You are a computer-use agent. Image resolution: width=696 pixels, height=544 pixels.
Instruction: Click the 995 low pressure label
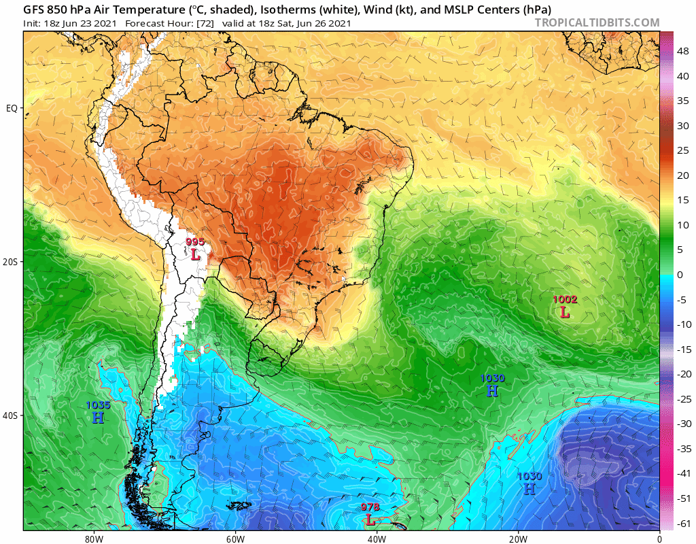195,241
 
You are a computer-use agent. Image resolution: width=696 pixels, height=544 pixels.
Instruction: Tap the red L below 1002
565,312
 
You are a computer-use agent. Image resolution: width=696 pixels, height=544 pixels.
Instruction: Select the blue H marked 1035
98,418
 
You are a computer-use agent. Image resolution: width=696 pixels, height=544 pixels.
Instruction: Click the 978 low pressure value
370,507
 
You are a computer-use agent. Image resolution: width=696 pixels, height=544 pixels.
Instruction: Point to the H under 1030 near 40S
493,390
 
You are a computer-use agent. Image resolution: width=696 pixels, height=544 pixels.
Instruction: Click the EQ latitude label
12,108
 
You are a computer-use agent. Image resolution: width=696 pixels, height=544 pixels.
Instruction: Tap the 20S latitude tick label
12,262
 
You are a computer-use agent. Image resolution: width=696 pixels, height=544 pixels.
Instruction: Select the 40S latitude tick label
12,415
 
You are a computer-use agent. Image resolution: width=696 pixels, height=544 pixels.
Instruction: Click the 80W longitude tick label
94,538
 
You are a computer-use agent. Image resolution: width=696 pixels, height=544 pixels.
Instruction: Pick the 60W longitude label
235,538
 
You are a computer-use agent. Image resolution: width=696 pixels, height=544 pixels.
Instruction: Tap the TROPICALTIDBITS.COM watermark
597,23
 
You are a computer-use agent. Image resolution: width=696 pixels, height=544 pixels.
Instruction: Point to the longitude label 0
659,538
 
